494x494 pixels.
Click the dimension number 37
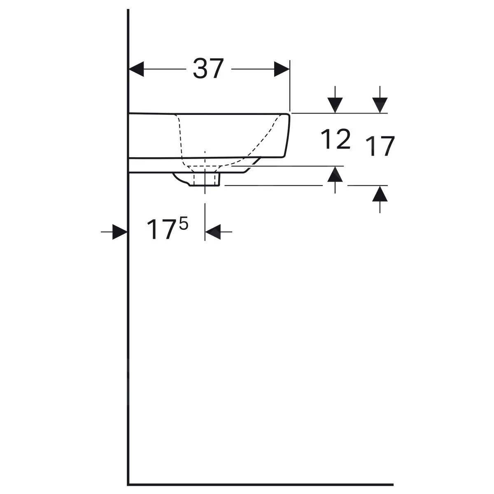[208, 68]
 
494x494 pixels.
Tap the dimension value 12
[336, 139]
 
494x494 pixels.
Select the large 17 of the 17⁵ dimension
[161, 229]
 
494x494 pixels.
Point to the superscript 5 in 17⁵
[183, 223]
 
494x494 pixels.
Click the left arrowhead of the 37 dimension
[136, 69]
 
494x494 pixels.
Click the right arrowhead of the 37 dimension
[282, 69]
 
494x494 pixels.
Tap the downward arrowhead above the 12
[335, 105]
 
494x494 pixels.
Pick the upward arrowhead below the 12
[335, 174]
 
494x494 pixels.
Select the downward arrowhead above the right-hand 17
[380, 105]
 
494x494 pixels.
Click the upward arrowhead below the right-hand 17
[380, 193]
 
